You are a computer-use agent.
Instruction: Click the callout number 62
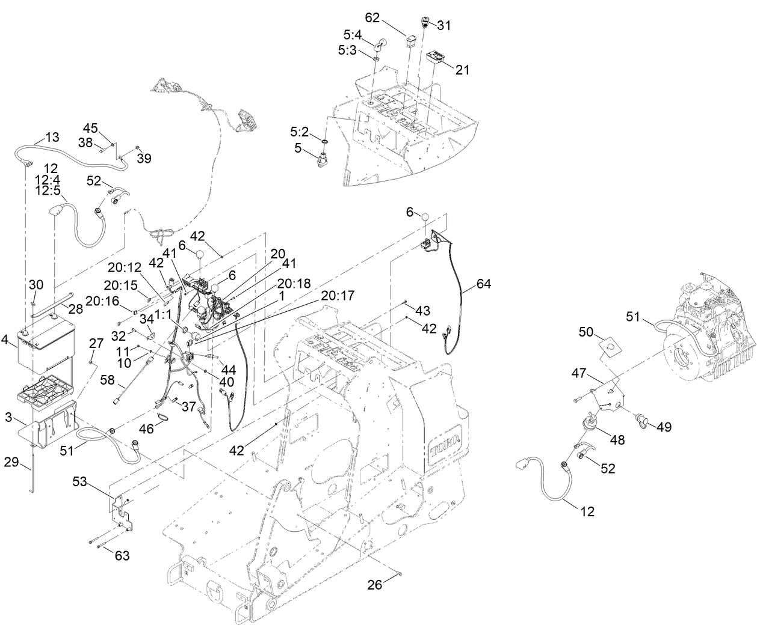tap(373, 18)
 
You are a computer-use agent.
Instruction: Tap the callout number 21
tap(462, 70)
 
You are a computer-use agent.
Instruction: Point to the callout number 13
tap(52, 137)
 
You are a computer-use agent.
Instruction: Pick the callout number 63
tap(122, 555)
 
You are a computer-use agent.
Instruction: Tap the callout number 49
tap(664, 427)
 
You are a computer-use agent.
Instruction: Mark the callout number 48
tap(617, 440)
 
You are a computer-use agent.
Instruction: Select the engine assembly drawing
tap(710, 325)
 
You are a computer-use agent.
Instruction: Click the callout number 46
tap(147, 429)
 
